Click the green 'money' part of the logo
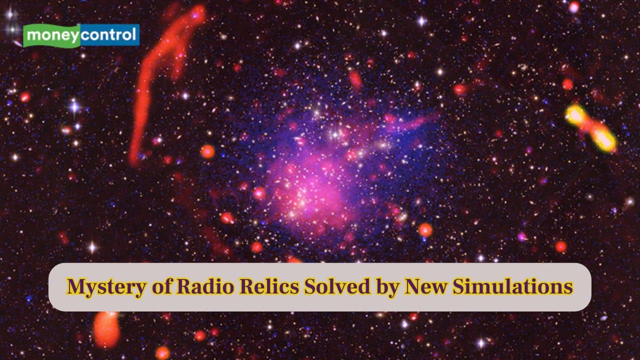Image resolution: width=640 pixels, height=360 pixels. click(x=52, y=35)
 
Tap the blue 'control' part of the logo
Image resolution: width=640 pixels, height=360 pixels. click(x=109, y=35)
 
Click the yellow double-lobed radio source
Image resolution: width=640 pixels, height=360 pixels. click(x=590, y=127)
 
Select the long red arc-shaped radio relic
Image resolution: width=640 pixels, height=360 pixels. click(x=150, y=85)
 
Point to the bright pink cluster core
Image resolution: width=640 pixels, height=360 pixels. click(x=305, y=190)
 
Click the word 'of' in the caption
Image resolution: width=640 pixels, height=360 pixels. click(x=142, y=287)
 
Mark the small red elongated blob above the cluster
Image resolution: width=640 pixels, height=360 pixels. click(x=355, y=79)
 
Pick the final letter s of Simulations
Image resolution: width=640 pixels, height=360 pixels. click(x=568, y=288)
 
